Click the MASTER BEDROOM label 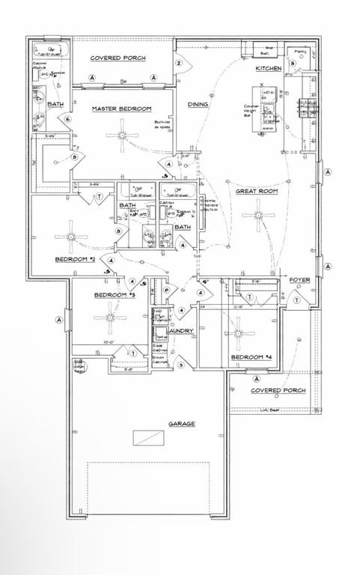point(122,109)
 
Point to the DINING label point(198,105)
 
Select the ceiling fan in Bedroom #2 point(70,237)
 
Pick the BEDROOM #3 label point(114,296)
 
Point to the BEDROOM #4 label point(249,359)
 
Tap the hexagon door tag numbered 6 point(67,119)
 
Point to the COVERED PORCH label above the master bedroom point(118,58)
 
